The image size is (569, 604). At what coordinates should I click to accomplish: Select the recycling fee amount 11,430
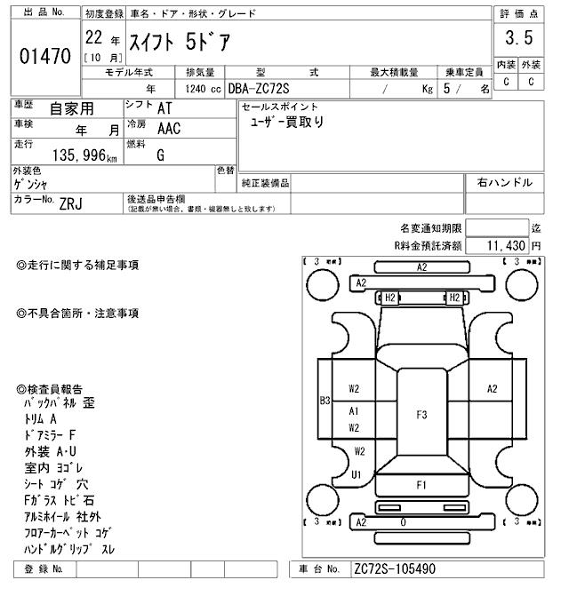tap(505, 244)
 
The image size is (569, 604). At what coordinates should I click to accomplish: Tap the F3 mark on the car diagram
tap(421, 414)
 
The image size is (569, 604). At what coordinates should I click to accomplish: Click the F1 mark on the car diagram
tap(421, 485)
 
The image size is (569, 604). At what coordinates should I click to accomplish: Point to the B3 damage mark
tap(325, 401)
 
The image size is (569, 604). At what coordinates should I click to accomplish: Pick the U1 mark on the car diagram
tap(357, 474)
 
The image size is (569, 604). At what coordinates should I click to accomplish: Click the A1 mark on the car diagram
tap(354, 411)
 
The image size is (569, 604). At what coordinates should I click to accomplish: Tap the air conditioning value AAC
tap(168, 129)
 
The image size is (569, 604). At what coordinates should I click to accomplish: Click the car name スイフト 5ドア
tap(178, 41)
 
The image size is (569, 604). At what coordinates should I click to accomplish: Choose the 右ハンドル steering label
tap(504, 183)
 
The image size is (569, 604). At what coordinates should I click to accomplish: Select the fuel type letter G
tap(161, 155)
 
